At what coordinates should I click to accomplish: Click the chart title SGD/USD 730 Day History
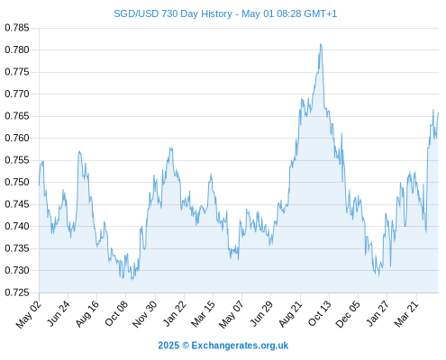(x=173, y=13)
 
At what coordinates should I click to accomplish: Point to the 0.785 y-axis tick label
(x=17, y=28)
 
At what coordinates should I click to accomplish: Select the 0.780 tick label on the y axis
(x=17, y=49)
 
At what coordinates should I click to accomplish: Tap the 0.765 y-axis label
(x=17, y=116)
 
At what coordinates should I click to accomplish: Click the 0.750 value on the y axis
(x=17, y=182)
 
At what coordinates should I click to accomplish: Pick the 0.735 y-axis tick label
(x=17, y=248)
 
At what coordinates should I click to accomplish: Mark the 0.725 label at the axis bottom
(x=17, y=292)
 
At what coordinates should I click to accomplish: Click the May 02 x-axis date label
(x=29, y=314)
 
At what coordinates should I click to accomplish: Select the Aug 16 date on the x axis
(x=87, y=314)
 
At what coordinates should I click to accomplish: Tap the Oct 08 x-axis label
(x=116, y=314)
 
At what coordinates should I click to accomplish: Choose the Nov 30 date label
(x=145, y=314)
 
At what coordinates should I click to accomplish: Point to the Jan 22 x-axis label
(x=175, y=314)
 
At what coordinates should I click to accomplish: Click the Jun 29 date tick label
(x=261, y=314)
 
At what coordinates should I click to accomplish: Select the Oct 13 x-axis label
(x=320, y=314)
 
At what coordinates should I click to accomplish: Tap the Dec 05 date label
(x=348, y=314)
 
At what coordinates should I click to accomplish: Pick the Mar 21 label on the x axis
(x=406, y=314)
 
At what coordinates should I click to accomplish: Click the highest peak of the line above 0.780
(x=321, y=44)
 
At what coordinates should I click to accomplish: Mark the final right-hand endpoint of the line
(x=438, y=113)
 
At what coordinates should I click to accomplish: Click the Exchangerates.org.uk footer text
(x=240, y=346)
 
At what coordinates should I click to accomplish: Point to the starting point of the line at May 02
(x=39, y=184)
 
